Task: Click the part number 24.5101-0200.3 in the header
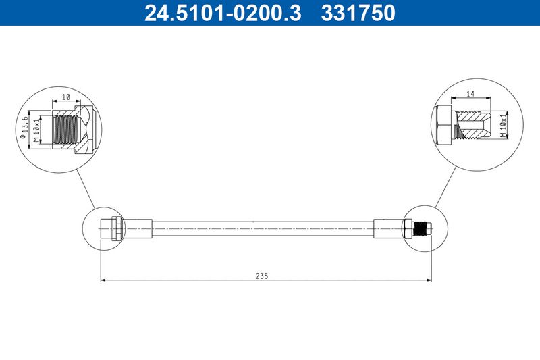[x=223, y=13]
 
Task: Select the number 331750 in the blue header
[x=358, y=13]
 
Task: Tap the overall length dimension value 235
[x=262, y=276]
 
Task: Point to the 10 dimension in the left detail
[x=66, y=97]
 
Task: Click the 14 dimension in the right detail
[x=470, y=93]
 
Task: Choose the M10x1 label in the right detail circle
[x=503, y=124]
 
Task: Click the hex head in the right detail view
[x=443, y=126]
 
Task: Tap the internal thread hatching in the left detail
[x=65, y=130]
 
